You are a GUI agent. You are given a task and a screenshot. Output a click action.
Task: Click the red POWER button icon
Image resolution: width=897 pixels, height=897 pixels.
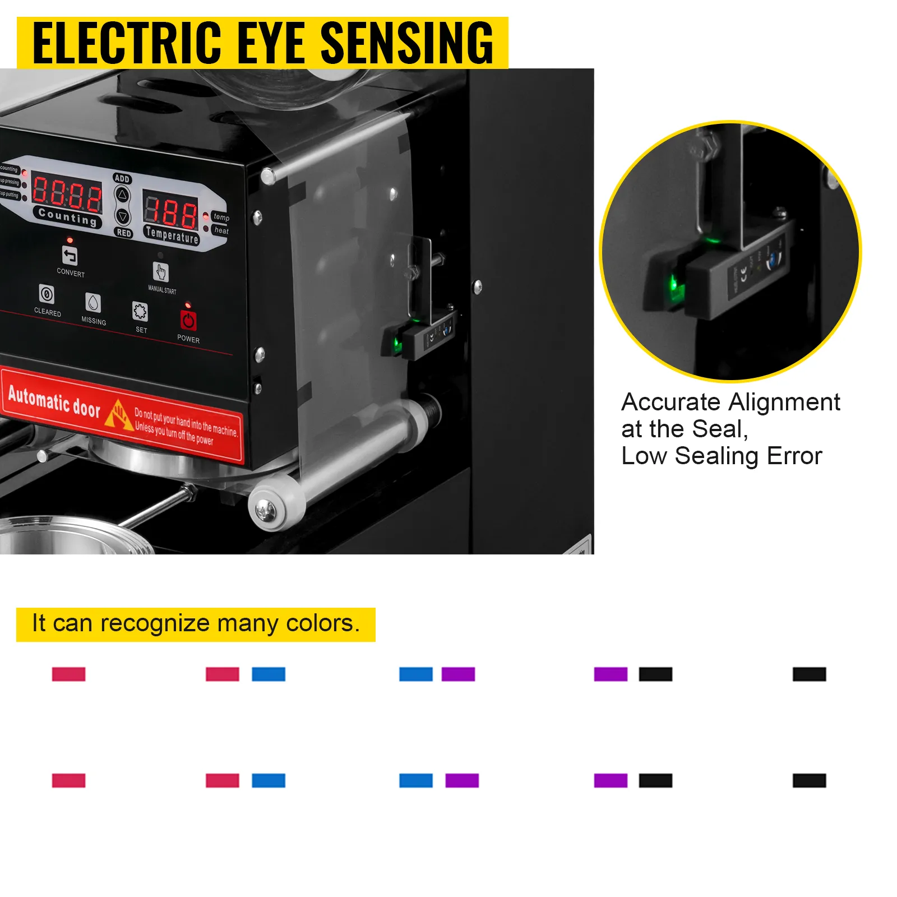[x=188, y=320]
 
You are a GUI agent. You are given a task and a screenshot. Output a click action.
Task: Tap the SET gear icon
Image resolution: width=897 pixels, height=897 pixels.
[x=140, y=312]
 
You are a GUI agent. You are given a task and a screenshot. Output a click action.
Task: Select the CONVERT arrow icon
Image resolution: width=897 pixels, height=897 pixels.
[x=70, y=256]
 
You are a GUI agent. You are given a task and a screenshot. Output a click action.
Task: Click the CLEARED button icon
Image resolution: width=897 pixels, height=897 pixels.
[x=47, y=294]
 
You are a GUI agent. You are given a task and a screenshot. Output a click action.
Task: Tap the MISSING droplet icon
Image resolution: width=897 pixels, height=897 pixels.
[x=93, y=303]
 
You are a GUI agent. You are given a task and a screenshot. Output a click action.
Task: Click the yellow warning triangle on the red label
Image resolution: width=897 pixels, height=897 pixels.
[x=119, y=414]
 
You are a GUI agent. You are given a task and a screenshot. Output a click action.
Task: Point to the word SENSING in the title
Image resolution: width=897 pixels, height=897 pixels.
[x=406, y=43]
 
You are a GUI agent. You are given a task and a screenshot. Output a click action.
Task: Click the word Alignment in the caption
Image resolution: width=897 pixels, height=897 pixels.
[x=784, y=402]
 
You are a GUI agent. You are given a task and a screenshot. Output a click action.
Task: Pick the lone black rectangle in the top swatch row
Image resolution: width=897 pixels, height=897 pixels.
[x=809, y=674]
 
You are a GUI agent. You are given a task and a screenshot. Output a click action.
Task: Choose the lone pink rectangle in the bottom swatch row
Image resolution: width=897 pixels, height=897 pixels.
[x=68, y=780]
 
